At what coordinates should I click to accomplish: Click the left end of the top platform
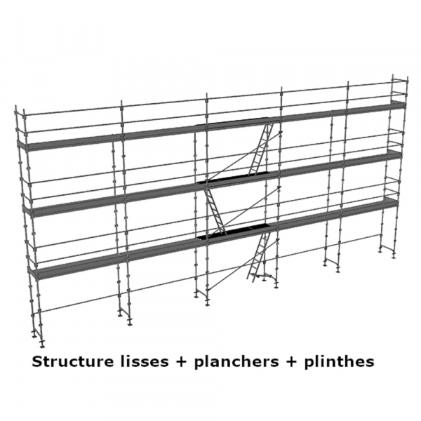pyautogui.click(x=22, y=147)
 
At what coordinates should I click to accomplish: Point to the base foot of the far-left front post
pyautogui.click(x=41, y=343)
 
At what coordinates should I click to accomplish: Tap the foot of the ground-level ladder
pyautogui.click(x=251, y=279)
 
